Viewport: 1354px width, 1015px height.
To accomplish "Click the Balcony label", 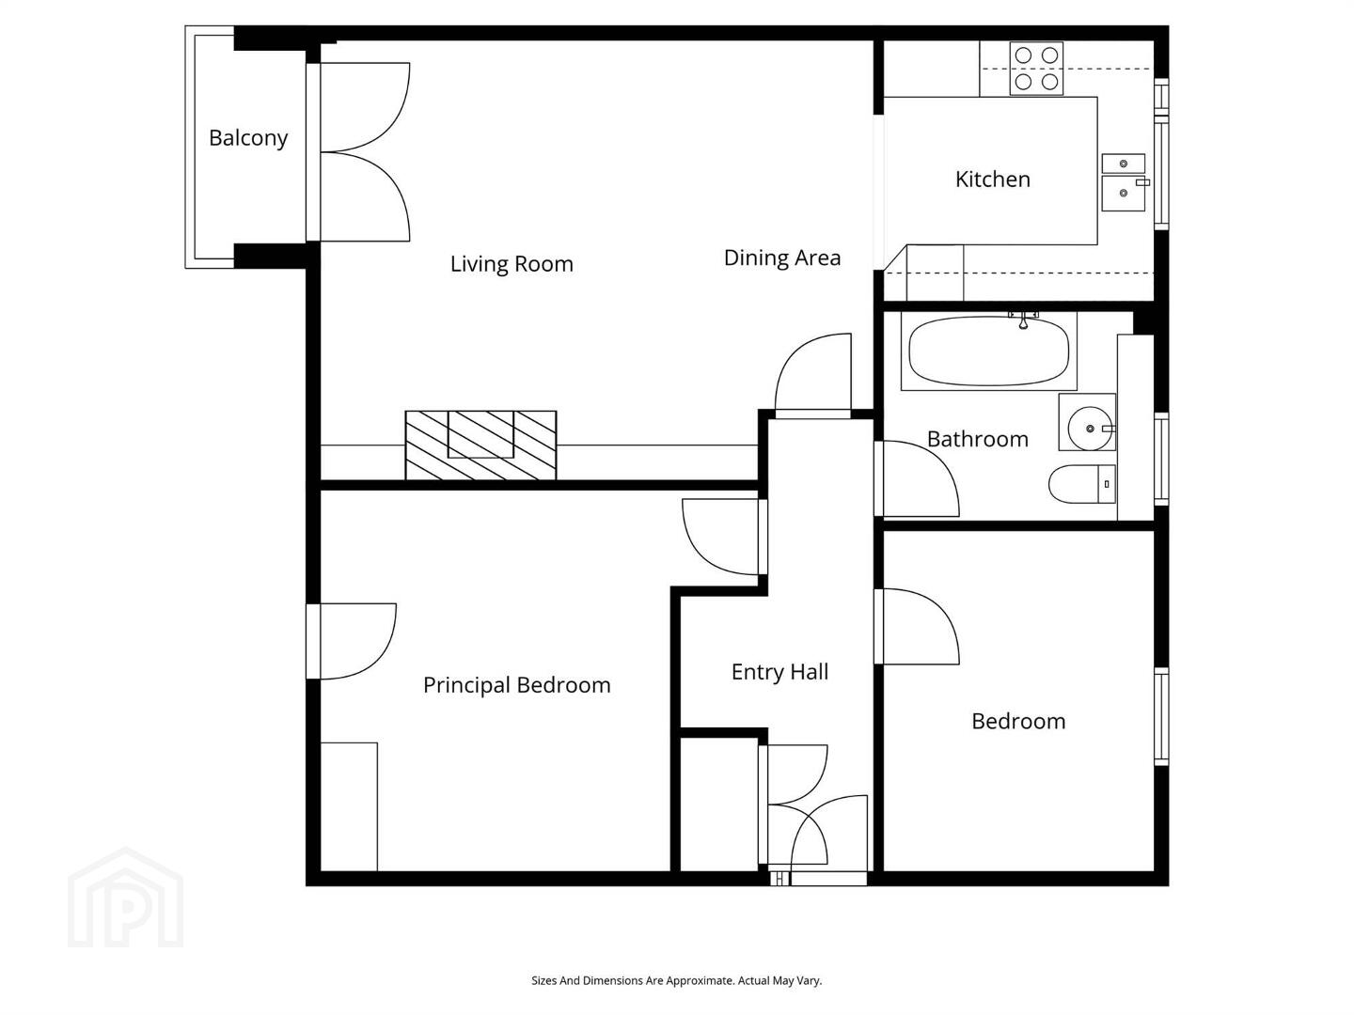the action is point(248,138).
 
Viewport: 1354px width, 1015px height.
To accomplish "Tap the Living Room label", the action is point(512,264).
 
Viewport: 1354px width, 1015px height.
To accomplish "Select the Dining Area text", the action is point(781,258).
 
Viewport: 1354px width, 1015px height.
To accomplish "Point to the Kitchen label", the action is point(992,180).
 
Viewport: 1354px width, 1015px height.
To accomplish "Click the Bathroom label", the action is point(977,439).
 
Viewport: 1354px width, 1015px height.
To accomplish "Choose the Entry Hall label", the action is point(779,672).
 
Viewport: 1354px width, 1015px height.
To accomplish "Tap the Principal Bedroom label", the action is point(516,685).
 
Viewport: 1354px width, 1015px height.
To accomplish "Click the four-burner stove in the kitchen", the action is point(1035,69).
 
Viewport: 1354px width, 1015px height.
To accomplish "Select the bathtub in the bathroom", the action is point(988,351).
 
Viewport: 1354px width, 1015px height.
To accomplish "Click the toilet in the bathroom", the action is point(1082,484).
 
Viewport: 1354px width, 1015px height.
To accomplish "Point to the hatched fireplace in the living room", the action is point(480,445).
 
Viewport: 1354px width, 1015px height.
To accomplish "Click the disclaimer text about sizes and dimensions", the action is point(676,980).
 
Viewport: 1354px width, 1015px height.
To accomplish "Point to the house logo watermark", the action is point(126,898).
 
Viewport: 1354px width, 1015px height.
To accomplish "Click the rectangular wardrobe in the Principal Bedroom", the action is point(349,806).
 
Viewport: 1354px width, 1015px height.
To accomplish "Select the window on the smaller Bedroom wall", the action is point(1161,717).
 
